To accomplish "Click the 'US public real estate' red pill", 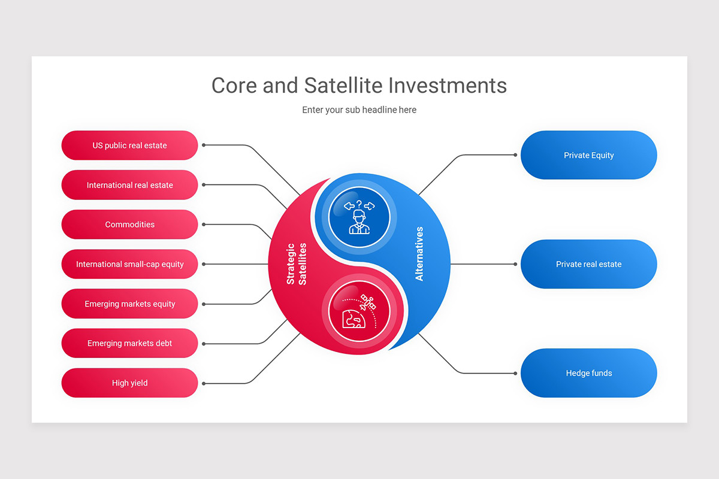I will point(129,145).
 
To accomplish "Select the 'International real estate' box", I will point(129,185).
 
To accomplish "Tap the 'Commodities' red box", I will point(129,225).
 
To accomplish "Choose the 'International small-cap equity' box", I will point(129,264).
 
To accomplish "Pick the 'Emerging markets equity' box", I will point(129,304).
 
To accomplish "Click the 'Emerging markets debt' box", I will point(129,344).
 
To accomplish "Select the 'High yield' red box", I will point(129,383).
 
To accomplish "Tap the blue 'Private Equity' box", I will point(588,155).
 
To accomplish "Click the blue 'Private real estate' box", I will point(588,264).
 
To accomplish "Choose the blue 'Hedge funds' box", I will point(588,373).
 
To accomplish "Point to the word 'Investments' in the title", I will point(448,85).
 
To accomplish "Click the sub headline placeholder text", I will point(359,110).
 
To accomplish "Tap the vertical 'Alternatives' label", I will point(419,254).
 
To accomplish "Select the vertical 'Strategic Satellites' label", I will point(296,263).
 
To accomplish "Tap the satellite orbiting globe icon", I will point(359,311).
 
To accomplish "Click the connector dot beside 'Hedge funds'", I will point(515,373).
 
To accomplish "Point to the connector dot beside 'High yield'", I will point(204,383).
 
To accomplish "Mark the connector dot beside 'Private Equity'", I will point(515,155).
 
